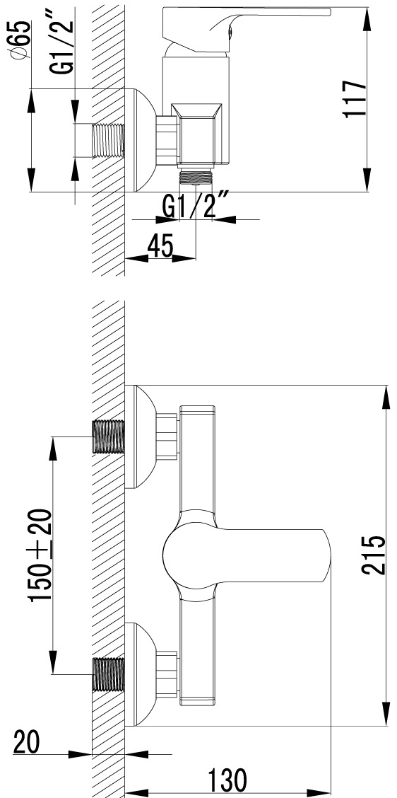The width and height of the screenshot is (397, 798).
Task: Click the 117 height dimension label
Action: [355, 99]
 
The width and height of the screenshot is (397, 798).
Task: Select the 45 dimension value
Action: [160, 246]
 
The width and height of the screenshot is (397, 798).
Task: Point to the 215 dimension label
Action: [373, 555]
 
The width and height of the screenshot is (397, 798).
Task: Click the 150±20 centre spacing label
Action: [41, 555]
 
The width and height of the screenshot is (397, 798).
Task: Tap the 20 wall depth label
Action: [26, 741]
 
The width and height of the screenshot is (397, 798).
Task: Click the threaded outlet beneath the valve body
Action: [196, 177]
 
